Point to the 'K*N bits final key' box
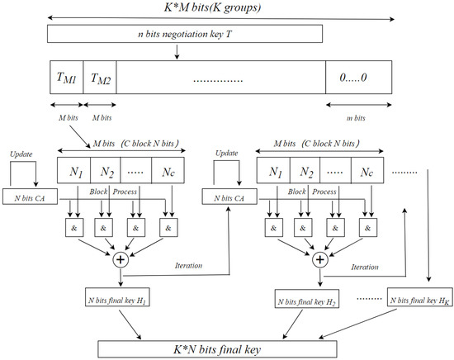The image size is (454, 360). pos(225,348)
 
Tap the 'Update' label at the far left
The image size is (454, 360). pos(21,154)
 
